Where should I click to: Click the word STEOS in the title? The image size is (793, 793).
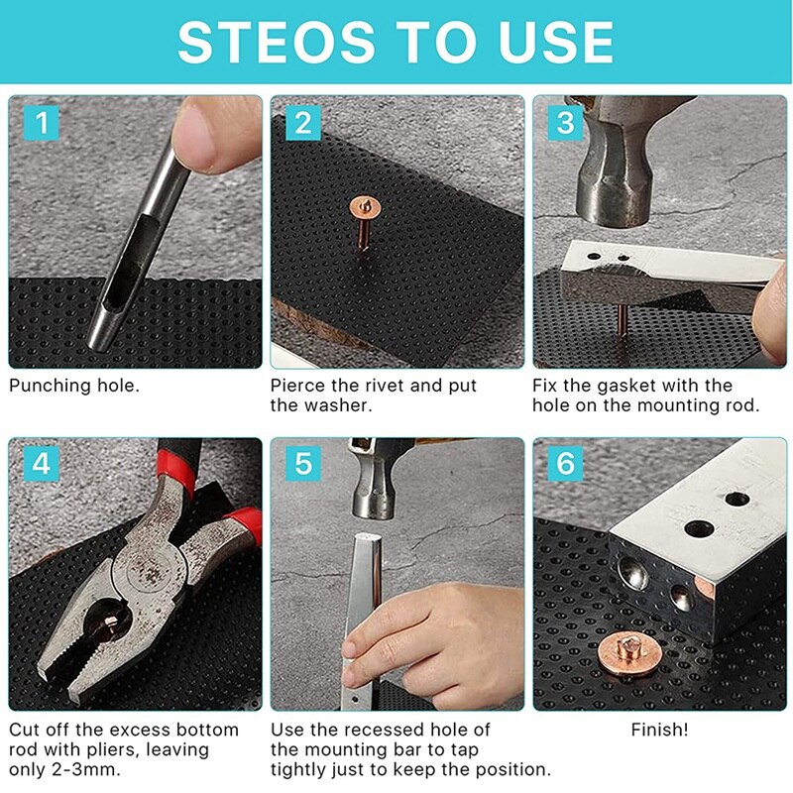(276, 43)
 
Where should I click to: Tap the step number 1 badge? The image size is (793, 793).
(42, 122)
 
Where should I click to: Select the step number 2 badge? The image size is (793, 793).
(303, 122)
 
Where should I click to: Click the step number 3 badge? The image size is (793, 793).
(565, 122)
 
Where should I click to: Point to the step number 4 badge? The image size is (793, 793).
(42, 463)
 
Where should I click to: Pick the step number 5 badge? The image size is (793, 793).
(303, 463)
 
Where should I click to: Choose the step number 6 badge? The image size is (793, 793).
(565, 463)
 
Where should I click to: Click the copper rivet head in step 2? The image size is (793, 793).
(365, 207)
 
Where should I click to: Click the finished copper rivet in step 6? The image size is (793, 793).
(628, 654)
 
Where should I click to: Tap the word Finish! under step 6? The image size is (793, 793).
(659, 730)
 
